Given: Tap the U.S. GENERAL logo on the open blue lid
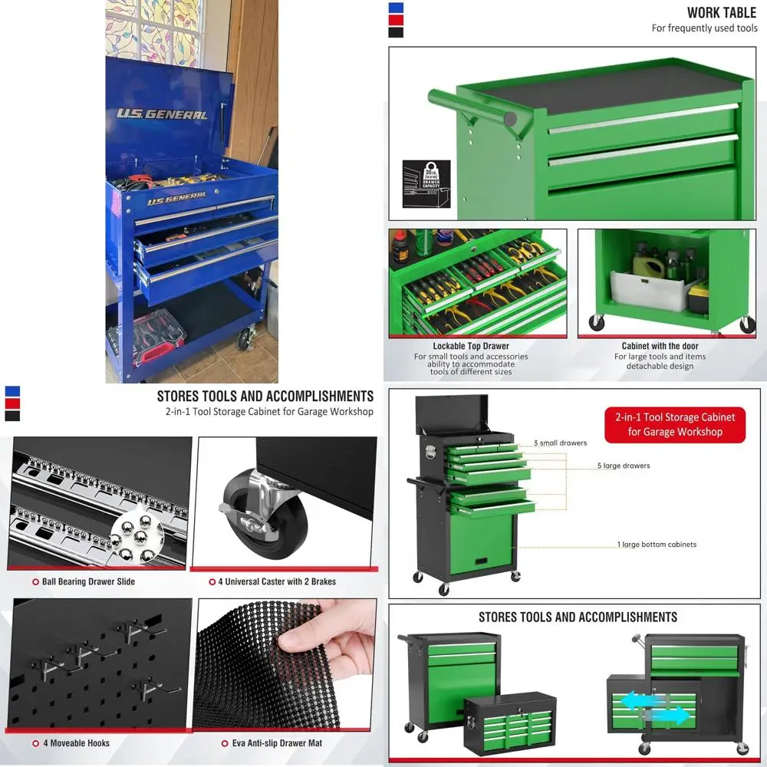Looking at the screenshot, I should tap(162, 114).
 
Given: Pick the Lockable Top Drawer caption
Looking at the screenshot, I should tap(470, 347).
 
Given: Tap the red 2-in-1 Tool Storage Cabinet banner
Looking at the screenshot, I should tap(674, 424).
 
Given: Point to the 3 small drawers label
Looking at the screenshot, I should tap(560, 443).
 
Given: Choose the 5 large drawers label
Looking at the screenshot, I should tap(624, 466).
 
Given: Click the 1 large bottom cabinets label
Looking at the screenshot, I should tap(657, 545).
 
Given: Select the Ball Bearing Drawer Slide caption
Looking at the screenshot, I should tap(88, 581).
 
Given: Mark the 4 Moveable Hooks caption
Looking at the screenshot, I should tap(76, 743).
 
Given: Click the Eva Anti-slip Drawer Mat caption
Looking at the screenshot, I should tap(277, 743).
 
